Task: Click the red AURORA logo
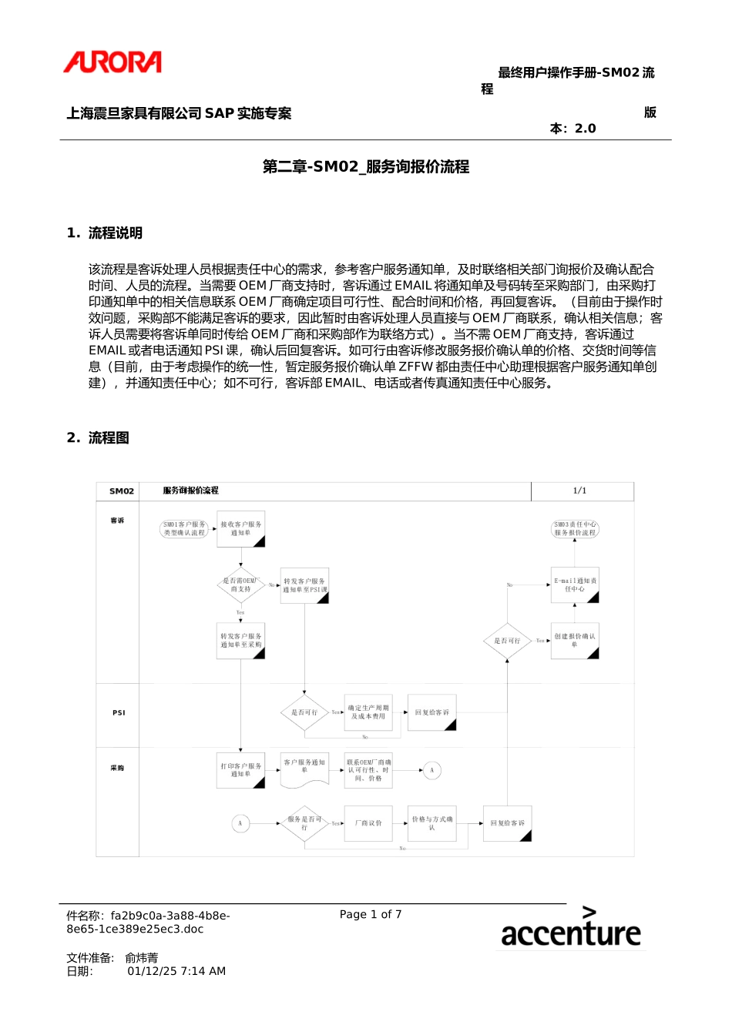[x=112, y=62]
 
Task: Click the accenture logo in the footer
[x=570, y=928]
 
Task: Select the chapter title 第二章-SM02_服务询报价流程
[x=365, y=166]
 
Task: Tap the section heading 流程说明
[x=115, y=233]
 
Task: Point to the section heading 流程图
[x=109, y=437]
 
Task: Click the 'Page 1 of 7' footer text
[x=371, y=914]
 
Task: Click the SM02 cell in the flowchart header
[x=121, y=491]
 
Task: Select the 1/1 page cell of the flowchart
[x=579, y=491]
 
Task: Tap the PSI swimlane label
[x=119, y=713]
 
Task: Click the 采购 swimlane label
[x=117, y=768]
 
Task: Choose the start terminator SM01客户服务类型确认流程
[x=185, y=528]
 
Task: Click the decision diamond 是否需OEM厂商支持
[x=240, y=585]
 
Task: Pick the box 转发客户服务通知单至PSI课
[x=304, y=585]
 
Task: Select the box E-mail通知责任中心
[x=575, y=585]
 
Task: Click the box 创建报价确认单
[x=575, y=641]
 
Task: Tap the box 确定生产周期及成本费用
[x=368, y=712]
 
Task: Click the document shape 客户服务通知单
[x=304, y=769]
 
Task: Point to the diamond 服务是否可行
[x=304, y=823]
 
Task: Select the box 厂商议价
[x=368, y=823]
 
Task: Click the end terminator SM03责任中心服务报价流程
[x=575, y=528]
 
